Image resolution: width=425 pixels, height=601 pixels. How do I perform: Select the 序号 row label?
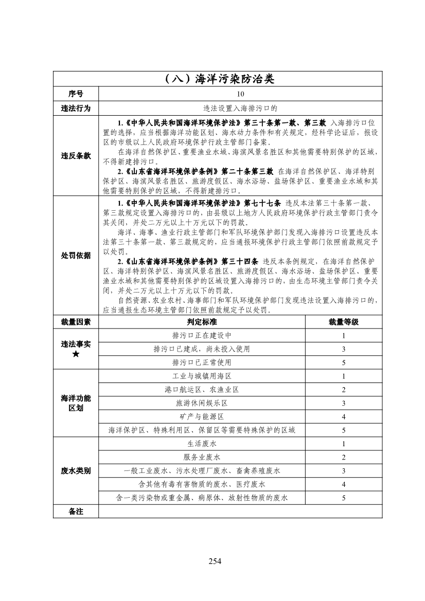click(x=76, y=94)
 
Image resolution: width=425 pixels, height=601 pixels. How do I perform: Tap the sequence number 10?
click(x=240, y=94)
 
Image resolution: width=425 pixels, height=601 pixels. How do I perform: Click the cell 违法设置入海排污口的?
click(x=240, y=108)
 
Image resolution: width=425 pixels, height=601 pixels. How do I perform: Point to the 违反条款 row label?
click(x=76, y=156)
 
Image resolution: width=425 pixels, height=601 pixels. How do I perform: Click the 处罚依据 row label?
click(x=76, y=256)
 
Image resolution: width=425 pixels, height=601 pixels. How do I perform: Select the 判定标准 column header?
click(x=202, y=322)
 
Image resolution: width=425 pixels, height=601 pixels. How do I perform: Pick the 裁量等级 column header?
click(x=343, y=322)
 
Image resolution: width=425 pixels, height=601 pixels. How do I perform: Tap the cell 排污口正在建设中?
click(x=202, y=336)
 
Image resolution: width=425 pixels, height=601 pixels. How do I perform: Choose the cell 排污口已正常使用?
click(x=202, y=362)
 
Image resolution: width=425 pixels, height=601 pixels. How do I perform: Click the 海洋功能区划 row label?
click(x=76, y=403)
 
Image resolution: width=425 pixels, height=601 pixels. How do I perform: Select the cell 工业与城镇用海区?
click(x=202, y=376)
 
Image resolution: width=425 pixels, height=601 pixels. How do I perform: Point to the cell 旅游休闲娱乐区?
click(x=202, y=403)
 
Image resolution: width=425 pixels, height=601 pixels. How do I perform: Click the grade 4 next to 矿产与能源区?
click(x=343, y=416)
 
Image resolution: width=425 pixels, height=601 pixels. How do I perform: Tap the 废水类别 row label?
click(x=76, y=470)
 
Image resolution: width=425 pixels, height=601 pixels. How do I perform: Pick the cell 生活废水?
click(x=202, y=443)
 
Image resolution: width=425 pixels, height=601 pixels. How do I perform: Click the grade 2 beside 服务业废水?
click(x=343, y=457)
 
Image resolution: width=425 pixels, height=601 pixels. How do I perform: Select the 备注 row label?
click(x=76, y=511)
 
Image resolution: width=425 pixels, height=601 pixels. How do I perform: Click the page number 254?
click(x=215, y=561)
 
